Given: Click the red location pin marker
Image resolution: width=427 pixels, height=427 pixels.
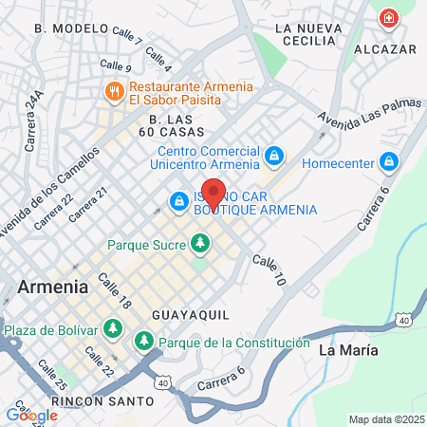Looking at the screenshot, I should pyautogui.click(x=213, y=195).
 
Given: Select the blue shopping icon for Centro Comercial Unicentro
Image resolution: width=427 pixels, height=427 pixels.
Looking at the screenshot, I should pyautogui.click(x=273, y=154).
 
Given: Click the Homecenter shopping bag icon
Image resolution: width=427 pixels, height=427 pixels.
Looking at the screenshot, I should pyautogui.click(x=388, y=161).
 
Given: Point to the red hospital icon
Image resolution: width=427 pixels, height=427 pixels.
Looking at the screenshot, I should pyautogui.click(x=388, y=18).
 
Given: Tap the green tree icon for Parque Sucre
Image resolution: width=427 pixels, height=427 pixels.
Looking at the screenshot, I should pyautogui.click(x=199, y=245).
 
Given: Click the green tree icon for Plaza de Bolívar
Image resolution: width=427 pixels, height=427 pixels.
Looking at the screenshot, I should pyautogui.click(x=113, y=329).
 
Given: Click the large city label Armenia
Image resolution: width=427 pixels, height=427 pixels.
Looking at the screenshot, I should pyautogui.click(x=53, y=286).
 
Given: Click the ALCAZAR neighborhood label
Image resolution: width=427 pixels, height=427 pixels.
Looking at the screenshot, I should pyautogui.click(x=385, y=47).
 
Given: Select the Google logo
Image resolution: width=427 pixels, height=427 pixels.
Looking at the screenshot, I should pyautogui.click(x=31, y=415).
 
